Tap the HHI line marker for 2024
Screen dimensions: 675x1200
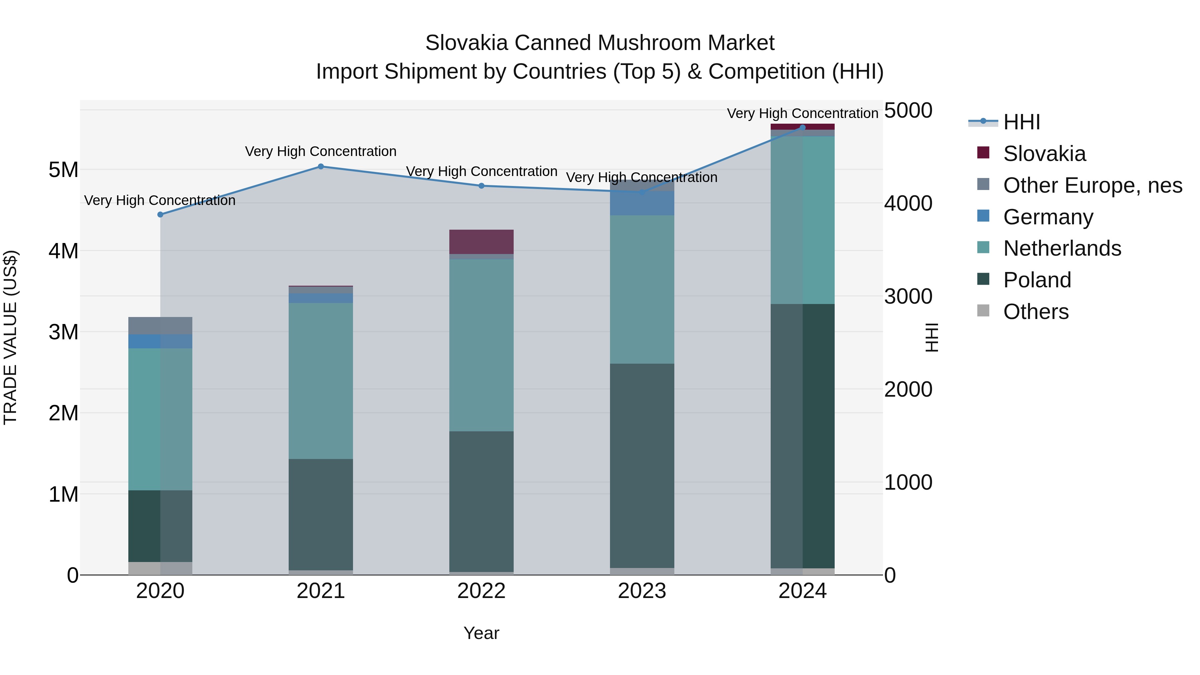click(802, 127)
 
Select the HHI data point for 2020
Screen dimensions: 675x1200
click(160, 215)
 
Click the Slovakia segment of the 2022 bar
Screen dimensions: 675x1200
click(481, 242)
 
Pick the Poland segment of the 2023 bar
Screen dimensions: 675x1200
click(642, 466)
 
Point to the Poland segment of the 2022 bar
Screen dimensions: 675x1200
click(481, 501)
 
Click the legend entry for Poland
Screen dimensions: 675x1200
click(1037, 280)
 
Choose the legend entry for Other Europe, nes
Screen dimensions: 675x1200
click(1092, 185)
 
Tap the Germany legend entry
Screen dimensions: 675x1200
click(1048, 217)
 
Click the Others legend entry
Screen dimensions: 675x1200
click(1036, 312)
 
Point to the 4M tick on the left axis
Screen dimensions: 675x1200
click(63, 251)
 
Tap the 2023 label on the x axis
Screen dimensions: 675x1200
click(642, 591)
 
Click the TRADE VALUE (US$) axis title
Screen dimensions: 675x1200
click(10, 337)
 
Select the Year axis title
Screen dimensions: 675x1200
click(481, 633)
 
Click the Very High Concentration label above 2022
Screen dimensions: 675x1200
click(481, 171)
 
